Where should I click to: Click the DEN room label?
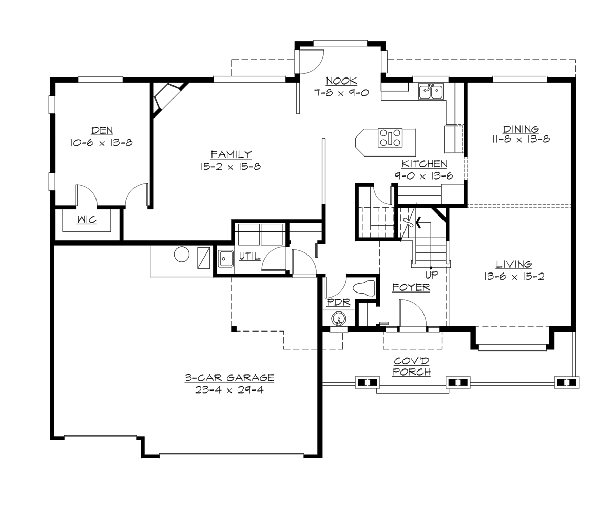click(102, 131)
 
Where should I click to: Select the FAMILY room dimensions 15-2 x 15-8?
click(231, 166)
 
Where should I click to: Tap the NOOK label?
click(341, 81)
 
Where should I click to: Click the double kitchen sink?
click(431, 91)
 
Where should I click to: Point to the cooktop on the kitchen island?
click(391, 138)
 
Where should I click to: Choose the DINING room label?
click(521, 129)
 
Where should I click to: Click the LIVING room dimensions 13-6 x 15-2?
click(513, 276)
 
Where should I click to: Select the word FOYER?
click(411, 288)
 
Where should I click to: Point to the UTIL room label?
click(249, 256)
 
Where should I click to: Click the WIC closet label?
click(86, 220)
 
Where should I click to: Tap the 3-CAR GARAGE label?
click(229, 378)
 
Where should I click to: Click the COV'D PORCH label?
click(411, 366)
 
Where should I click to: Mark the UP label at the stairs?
click(431, 275)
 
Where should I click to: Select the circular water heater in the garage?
click(181, 254)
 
